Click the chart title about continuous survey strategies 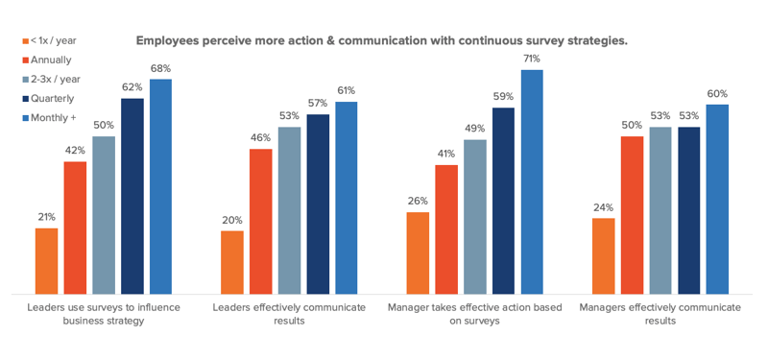[381, 41]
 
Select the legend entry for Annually [49, 60]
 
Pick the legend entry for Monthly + [52, 117]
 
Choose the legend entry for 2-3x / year [55, 79]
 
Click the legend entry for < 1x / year [53, 41]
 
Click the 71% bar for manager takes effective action [531, 181]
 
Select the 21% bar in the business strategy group [46, 260]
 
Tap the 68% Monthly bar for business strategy [160, 186]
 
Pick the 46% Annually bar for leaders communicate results [260, 221]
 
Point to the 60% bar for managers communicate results [717, 199]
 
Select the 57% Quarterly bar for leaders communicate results [318, 204]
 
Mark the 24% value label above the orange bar [603, 206]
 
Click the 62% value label [132, 86]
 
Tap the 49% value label [474, 128]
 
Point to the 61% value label [347, 90]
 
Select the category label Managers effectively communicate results [660, 314]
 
